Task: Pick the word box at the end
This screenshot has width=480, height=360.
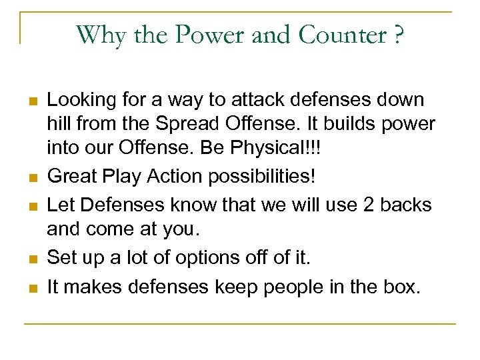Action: pyautogui.click(x=403, y=287)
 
